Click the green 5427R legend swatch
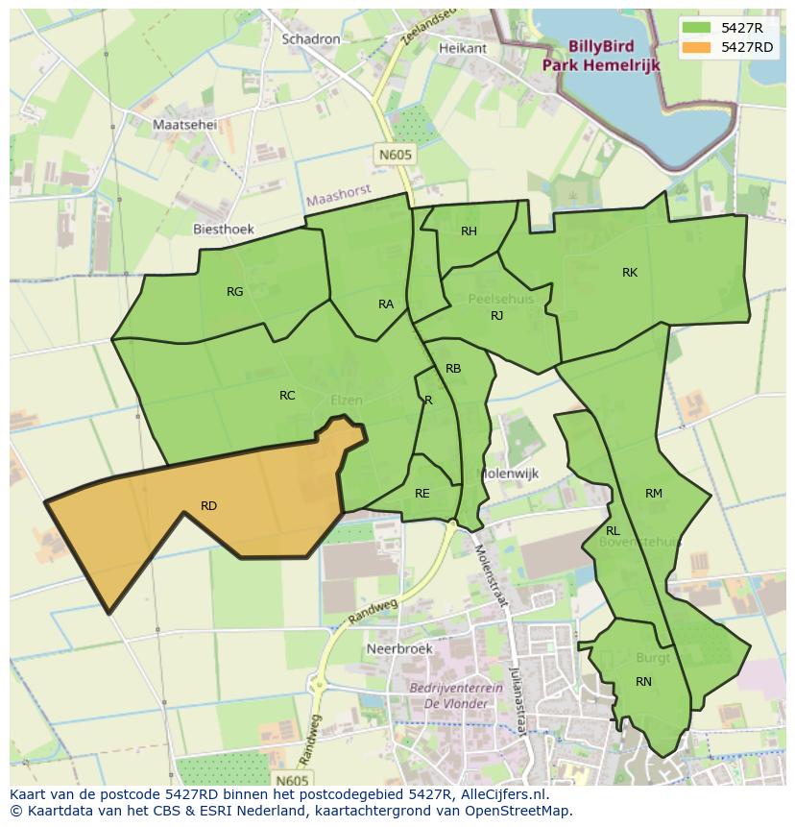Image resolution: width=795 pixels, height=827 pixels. (697, 27)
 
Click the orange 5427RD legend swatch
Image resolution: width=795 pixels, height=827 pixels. (697, 47)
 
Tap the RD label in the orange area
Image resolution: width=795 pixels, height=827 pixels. (208, 506)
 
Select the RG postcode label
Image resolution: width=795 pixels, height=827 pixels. (234, 292)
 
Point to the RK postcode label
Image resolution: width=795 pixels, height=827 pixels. (630, 273)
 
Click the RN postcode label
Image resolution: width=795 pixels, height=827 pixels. (643, 682)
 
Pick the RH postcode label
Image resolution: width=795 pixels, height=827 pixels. (469, 231)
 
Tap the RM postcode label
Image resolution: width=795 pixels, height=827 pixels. (654, 494)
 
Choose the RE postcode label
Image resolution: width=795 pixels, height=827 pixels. (422, 494)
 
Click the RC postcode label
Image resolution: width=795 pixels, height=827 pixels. (287, 396)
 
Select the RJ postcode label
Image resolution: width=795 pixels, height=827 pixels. (496, 316)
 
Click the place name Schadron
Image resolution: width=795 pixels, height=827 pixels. (311, 39)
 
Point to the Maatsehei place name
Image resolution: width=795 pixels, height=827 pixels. (185, 125)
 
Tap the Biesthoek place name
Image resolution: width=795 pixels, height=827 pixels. (224, 230)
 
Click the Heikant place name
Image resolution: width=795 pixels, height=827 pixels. (462, 48)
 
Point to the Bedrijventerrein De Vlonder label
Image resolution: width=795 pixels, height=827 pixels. (449, 695)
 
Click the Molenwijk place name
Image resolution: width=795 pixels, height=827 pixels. (510, 474)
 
